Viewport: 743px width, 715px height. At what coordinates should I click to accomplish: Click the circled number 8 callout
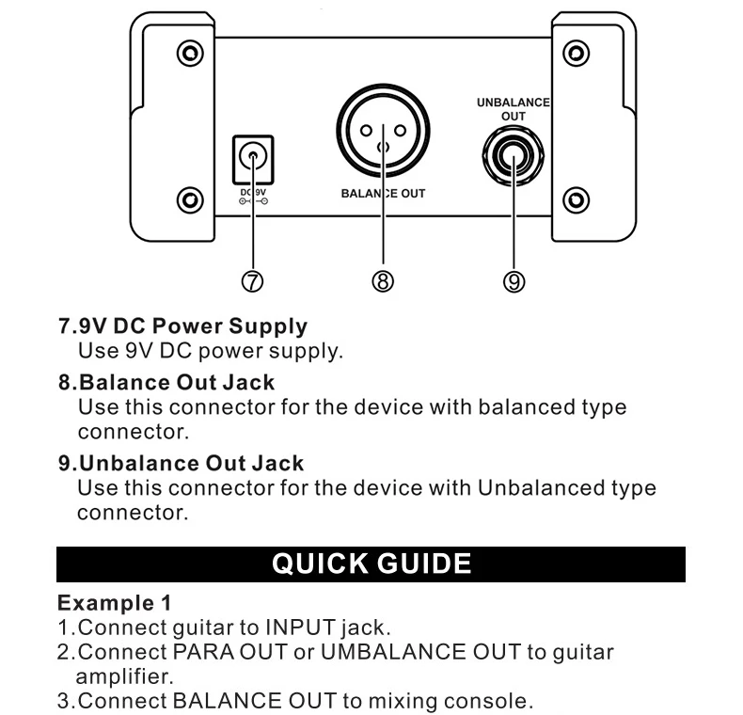click(x=383, y=280)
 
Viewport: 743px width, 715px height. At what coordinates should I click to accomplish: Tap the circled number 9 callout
click(x=514, y=280)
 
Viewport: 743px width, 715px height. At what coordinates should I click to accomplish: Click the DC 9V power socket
click(x=252, y=157)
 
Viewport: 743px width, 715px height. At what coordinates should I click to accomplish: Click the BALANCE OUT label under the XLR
click(x=383, y=194)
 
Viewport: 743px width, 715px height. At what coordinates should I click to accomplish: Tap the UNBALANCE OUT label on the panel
click(x=513, y=108)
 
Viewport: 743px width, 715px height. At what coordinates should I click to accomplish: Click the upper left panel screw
click(x=191, y=53)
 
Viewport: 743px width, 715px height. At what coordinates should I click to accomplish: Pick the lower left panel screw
click(x=191, y=199)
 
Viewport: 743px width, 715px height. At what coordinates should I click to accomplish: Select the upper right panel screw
click(x=574, y=53)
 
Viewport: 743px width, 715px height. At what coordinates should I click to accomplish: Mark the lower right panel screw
click(x=574, y=199)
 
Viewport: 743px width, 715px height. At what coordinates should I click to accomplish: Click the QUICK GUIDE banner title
click(x=371, y=564)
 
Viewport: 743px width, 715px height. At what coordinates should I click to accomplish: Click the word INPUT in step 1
click(x=300, y=627)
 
